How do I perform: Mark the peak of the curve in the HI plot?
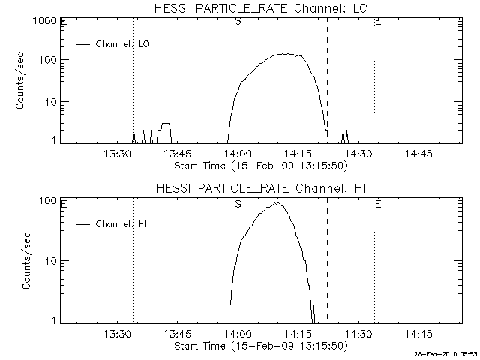277,202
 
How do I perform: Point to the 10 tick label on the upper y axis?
46,102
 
